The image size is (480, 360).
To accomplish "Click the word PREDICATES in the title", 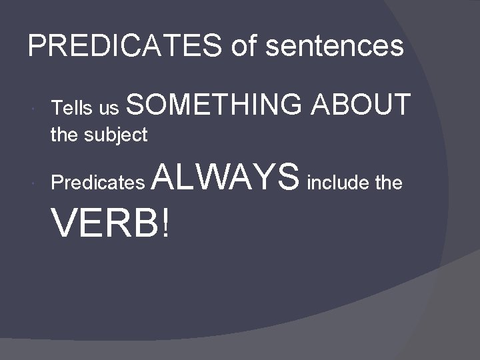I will [x=125, y=46].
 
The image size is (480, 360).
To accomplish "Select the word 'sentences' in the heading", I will [x=335, y=46].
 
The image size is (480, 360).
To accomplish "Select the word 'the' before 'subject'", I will [x=64, y=135].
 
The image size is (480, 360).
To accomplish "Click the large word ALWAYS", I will [x=227, y=177].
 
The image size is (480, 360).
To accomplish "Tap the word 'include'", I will [x=337, y=183].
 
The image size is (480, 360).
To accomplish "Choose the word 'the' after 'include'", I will [x=389, y=183].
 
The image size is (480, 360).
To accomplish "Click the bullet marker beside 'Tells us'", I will [x=33, y=108].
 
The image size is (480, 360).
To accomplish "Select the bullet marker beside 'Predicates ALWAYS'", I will [x=33, y=183].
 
